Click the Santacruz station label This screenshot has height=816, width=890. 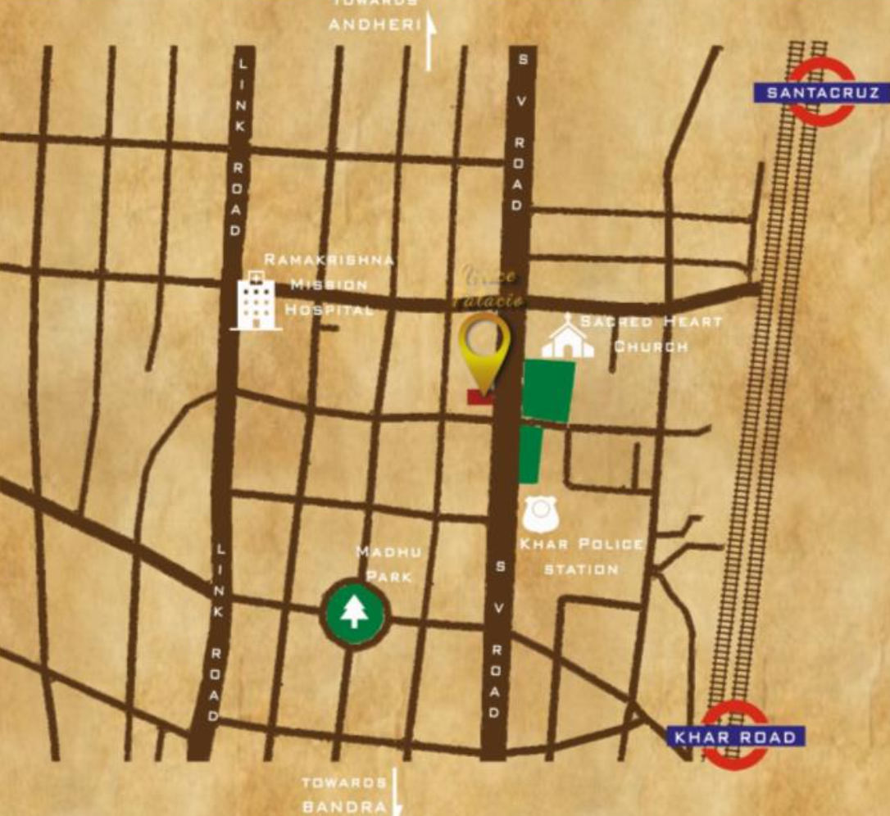coord(820,93)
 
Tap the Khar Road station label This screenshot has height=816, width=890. coord(735,737)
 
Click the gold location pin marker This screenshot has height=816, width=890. coord(484,348)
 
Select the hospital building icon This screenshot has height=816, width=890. coord(256,302)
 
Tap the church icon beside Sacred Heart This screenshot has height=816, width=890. coord(567,337)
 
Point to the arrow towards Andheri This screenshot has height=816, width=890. coord(429,43)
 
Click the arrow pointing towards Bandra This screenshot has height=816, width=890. coord(397,791)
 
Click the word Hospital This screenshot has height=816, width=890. coord(329,310)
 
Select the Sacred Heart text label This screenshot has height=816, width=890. coord(651,321)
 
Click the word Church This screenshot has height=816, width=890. coord(651,346)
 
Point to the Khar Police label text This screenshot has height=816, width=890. coord(582,544)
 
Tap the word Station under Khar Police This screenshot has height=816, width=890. coord(581,569)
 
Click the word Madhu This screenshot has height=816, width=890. coord(377,552)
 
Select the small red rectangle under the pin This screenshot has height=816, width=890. coord(480,397)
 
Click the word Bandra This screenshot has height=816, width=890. coord(344,806)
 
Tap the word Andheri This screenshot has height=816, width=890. coord(374,25)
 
